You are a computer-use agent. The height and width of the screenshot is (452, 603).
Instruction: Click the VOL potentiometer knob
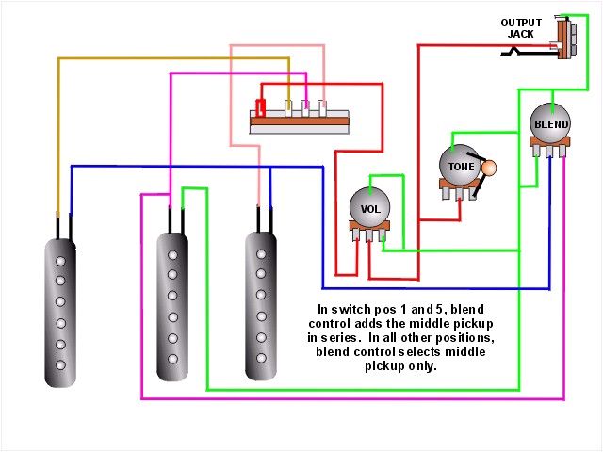tap(369, 206)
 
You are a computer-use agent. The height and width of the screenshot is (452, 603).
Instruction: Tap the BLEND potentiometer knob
tap(550, 123)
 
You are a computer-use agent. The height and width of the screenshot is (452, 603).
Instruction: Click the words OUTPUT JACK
tap(521, 28)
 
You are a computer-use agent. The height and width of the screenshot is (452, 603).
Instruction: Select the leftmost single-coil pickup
tap(61, 312)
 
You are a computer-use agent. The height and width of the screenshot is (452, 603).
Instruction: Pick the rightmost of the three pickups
tap(261, 306)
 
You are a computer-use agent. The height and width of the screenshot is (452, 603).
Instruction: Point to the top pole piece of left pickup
tap(61, 258)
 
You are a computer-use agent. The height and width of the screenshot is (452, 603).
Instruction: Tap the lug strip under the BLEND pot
tap(549, 149)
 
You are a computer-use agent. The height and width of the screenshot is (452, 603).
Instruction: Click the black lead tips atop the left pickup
tap(63, 226)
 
